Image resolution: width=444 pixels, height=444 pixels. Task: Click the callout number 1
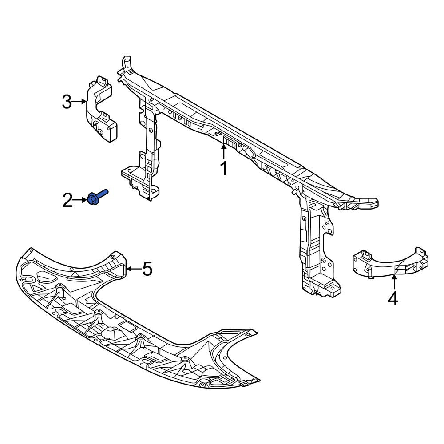(x=224, y=168)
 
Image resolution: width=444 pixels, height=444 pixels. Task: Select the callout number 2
(x=67, y=201)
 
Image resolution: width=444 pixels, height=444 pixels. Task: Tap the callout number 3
(x=67, y=102)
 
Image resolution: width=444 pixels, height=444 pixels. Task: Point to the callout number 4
(x=393, y=299)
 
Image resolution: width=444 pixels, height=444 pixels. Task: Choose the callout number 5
(x=147, y=269)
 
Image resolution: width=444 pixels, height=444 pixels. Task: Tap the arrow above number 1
(x=224, y=152)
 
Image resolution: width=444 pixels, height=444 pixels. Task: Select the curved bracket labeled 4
(x=390, y=263)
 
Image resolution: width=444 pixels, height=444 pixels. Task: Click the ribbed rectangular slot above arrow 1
(x=230, y=142)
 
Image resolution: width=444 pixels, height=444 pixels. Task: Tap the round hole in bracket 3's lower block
(x=100, y=132)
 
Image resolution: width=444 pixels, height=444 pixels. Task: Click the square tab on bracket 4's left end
(x=368, y=255)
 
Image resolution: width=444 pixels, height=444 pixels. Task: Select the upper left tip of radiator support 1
(x=126, y=57)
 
